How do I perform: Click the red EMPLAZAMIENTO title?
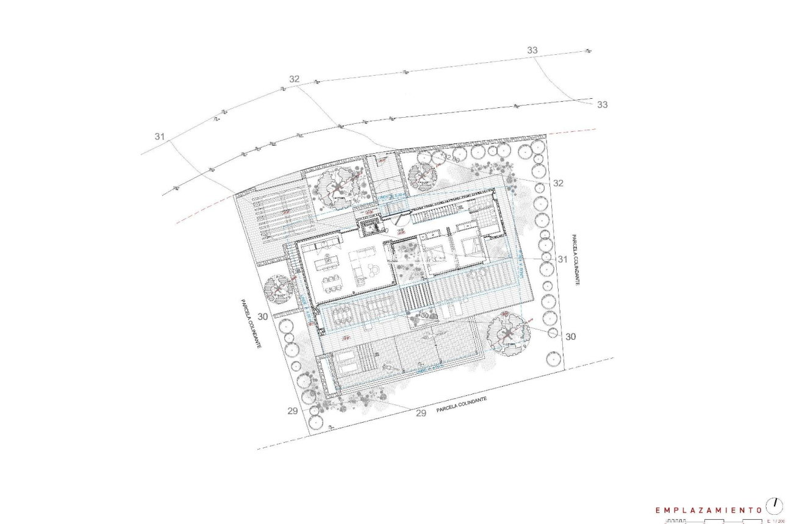(x=707, y=509)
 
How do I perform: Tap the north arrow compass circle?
(x=776, y=505)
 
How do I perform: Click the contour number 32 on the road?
(x=295, y=79)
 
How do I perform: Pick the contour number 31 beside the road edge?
(x=159, y=137)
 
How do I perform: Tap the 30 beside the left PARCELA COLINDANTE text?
(x=263, y=317)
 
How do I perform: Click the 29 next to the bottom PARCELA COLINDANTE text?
(x=420, y=414)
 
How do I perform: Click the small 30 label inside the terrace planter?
(x=425, y=315)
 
